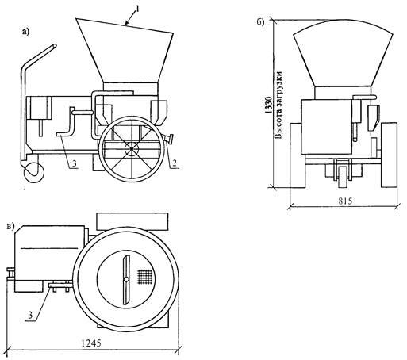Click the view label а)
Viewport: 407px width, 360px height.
(x=25, y=32)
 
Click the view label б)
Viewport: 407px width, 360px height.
(x=260, y=22)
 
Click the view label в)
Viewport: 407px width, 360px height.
(x=10, y=227)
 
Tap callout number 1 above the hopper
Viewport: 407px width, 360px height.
(x=137, y=9)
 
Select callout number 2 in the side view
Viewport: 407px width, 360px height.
(x=175, y=164)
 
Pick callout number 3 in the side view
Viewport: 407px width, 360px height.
(x=75, y=164)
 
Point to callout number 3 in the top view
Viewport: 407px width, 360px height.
(x=31, y=315)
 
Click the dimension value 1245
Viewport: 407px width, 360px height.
(x=90, y=343)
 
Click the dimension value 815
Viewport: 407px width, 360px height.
(x=346, y=201)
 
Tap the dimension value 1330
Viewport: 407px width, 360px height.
(x=268, y=105)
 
